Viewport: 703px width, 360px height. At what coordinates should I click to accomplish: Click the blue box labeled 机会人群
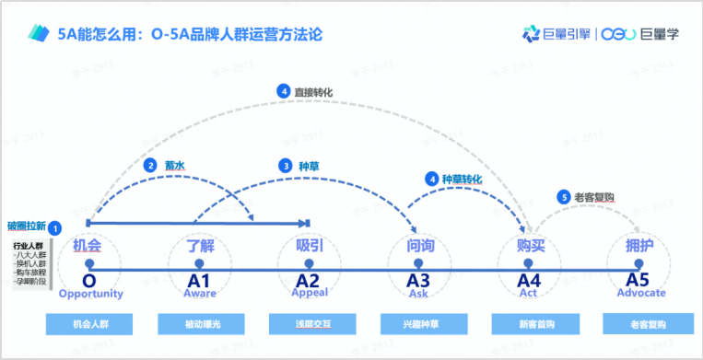click(x=89, y=324)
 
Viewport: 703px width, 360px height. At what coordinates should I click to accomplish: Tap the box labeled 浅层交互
click(x=310, y=324)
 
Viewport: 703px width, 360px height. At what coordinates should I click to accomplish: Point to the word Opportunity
click(x=90, y=294)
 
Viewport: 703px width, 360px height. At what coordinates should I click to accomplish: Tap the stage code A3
click(x=419, y=279)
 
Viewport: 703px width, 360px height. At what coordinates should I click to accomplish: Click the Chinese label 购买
click(x=532, y=247)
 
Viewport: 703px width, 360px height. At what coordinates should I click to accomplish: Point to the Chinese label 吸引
click(x=309, y=247)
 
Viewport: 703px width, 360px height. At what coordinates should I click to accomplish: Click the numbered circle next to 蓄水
click(x=150, y=167)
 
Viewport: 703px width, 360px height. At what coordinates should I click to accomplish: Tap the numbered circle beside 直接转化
click(x=284, y=91)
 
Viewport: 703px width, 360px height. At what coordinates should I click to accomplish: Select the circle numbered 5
click(x=563, y=196)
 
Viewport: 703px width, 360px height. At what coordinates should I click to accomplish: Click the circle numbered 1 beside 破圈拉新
click(x=55, y=227)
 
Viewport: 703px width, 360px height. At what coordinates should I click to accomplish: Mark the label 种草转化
click(x=462, y=179)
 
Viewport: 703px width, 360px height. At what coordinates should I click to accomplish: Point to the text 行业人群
click(x=29, y=247)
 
